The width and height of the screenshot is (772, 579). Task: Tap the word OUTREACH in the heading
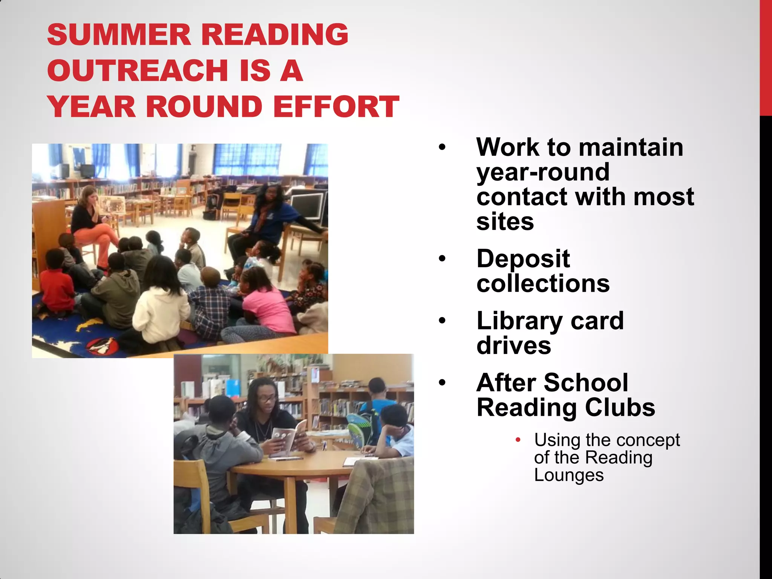(138, 70)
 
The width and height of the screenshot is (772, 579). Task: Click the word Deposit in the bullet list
(523, 260)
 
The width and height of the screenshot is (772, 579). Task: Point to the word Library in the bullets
(519, 322)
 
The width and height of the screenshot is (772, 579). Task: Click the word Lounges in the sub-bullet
(569, 475)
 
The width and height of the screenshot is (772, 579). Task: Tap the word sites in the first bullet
(505, 222)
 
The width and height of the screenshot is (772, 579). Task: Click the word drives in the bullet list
(514, 346)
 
